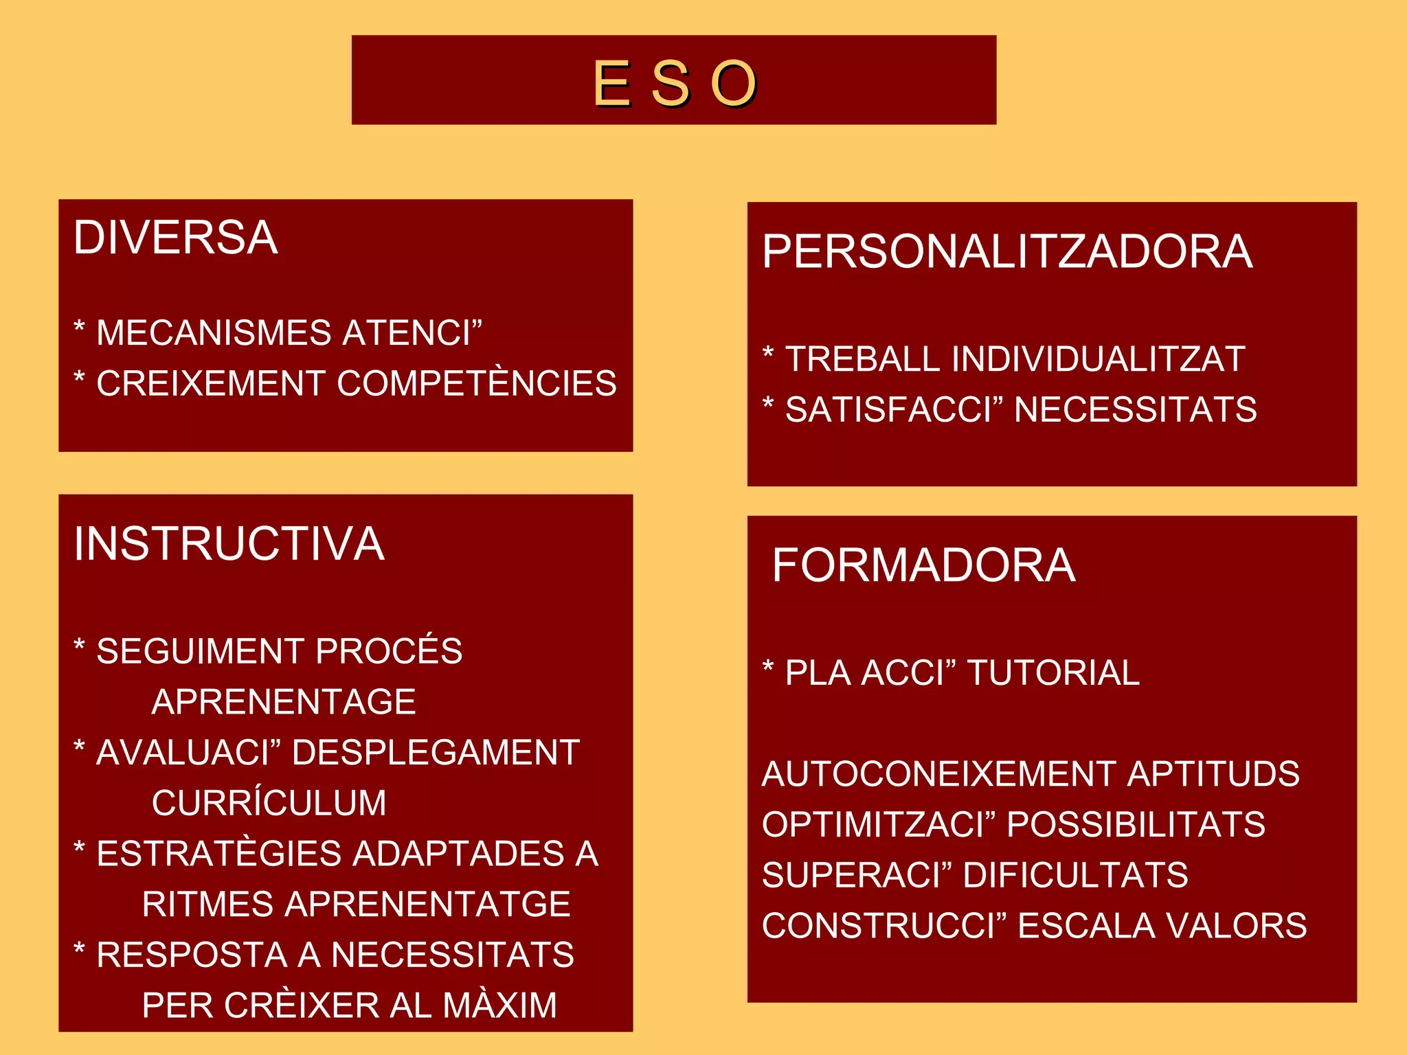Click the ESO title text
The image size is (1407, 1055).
tap(674, 83)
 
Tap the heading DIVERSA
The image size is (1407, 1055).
tap(176, 238)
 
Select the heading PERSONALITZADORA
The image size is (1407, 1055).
tap(1007, 251)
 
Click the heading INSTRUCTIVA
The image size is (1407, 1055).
tap(229, 543)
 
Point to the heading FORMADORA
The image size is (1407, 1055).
tap(923, 565)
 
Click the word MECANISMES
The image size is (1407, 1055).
tap(214, 333)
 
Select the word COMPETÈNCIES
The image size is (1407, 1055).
tap(477, 383)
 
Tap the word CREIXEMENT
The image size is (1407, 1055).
tap(210, 383)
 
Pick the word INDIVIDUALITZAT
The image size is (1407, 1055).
tap(1098, 359)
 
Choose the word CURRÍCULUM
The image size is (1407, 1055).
tap(269, 803)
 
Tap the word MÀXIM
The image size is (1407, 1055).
tap(499, 1006)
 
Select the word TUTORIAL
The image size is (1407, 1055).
tap(1053, 673)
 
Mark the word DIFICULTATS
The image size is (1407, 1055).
tap(1075, 875)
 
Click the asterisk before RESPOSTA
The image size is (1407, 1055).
tap(79, 950)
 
